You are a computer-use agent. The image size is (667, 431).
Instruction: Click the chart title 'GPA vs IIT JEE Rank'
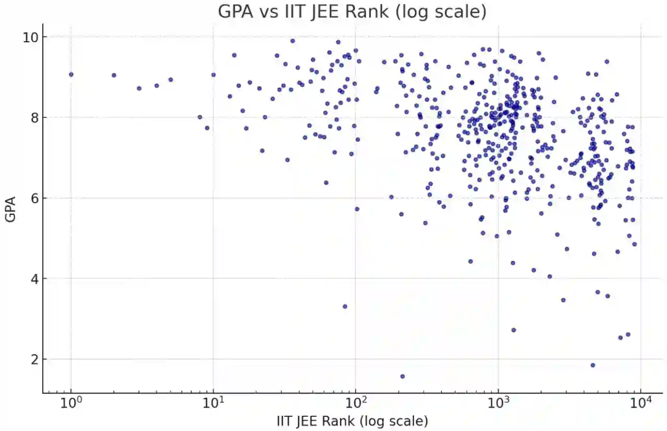pos(352,11)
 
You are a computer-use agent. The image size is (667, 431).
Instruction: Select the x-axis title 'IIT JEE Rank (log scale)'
pos(352,421)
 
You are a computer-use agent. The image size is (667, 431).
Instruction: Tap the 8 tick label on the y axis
pos(30,118)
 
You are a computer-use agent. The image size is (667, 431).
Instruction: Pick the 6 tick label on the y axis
pos(30,199)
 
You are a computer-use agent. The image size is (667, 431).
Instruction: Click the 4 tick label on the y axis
pos(30,279)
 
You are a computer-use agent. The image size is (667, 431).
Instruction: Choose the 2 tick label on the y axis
pos(30,360)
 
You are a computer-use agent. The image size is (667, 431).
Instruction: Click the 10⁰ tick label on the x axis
pos(71,403)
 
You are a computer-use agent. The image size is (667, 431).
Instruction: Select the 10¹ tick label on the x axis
pos(214,403)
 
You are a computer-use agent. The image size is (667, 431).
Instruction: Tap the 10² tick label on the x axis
pos(356,403)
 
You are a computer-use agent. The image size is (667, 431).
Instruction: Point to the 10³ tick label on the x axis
pos(499,403)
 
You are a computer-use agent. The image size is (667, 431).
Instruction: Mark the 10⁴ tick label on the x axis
pos(641,403)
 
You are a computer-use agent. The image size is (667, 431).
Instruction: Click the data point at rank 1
pos(71,75)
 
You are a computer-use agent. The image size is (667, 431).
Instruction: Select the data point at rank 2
pos(114,75)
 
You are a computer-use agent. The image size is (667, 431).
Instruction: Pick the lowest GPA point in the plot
pos(402,376)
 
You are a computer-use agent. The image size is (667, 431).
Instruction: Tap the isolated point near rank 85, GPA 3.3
pos(344,306)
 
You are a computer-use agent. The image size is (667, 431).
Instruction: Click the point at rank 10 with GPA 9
pos(213,75)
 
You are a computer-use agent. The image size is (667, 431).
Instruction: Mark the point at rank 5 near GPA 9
pos(170,80)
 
